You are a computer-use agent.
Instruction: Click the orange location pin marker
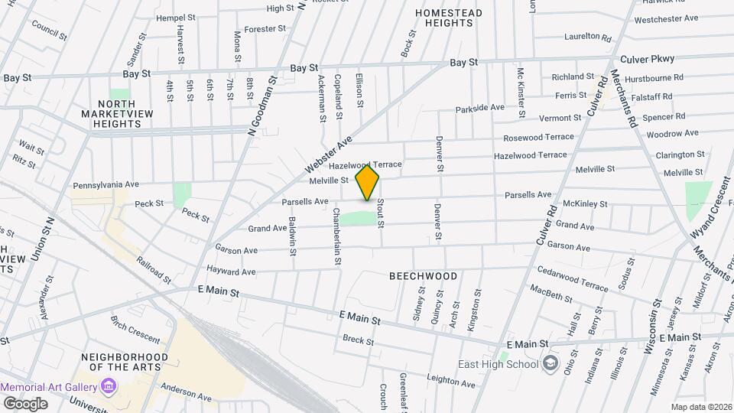(x=368, y=181)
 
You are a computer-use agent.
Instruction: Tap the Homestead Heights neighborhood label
(x=449, y=18)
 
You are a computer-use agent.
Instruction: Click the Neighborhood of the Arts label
(x=125, y=362)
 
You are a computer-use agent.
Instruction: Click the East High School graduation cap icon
(x=550, y=364)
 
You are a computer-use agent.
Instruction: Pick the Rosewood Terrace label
(x=538, y=138)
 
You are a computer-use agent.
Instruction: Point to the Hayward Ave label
(x=231, y=271)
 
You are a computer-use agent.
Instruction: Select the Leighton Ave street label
(x=452, y=382)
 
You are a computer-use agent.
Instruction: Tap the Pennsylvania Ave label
(x=106, y=185)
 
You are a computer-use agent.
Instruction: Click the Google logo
(x=25, y=403)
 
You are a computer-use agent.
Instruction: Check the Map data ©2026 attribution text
(x=700, y=407)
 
